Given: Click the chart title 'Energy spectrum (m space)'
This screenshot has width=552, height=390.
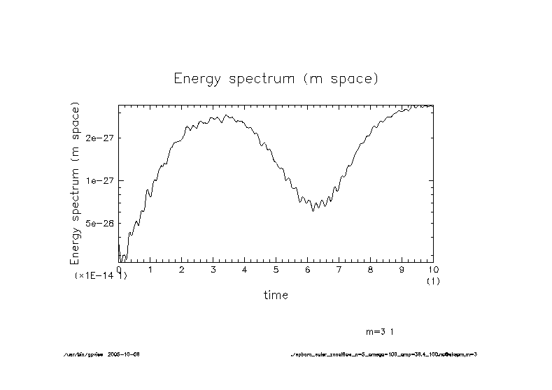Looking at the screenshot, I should (276, 78).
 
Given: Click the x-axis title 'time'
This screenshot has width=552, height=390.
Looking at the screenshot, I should (276, 295).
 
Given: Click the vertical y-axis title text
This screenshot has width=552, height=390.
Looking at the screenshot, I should (75, 183).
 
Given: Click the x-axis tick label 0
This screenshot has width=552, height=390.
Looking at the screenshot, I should (119, 270).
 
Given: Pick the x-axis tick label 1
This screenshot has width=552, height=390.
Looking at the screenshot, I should (150, 270).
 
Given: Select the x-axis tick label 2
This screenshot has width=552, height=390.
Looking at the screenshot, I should (182, 270).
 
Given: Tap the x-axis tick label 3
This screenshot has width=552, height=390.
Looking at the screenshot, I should (213, 270).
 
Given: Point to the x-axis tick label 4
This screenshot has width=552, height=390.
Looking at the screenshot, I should (245, 270).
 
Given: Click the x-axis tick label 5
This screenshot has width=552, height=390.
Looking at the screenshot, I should (276, 270).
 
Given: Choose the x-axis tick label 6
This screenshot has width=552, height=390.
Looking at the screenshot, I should (308, 270).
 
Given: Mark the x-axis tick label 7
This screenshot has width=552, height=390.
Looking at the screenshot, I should (339, 270).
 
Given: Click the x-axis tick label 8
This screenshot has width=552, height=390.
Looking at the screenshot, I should (371, 270).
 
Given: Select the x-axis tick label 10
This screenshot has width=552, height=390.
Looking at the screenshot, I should (433, 270).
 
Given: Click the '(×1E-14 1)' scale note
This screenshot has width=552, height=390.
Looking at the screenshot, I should (101, 276).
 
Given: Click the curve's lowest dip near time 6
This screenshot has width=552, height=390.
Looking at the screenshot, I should (313, 210).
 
